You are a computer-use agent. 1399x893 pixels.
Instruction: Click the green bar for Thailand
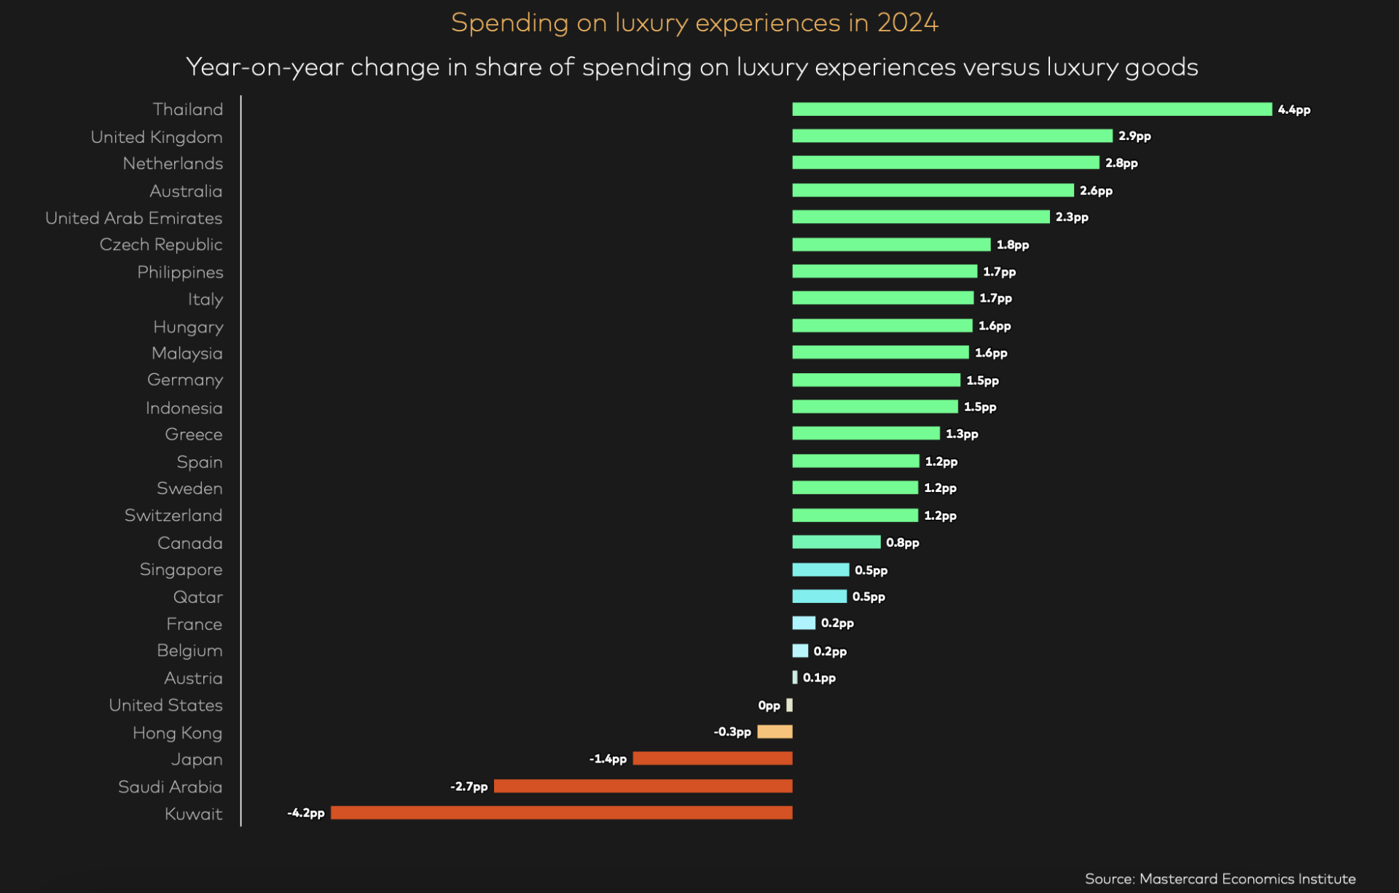click(x=1032, y=109)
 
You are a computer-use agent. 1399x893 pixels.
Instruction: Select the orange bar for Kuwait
click(x=561, y=813)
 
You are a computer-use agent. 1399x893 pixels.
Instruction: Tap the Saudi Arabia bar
click(x=643, y=786)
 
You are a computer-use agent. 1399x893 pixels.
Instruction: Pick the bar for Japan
click(x=712, y=759)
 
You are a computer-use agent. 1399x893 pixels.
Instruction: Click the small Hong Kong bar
click(x=775, y=732)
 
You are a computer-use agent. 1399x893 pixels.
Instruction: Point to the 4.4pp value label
click(x=1294, y=110)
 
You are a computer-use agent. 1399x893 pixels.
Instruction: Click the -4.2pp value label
click(x=306, y=813)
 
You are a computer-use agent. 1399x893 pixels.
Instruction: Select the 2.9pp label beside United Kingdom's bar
click(x=1135, y=136)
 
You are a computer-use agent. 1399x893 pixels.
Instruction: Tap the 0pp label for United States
click(x=769, y=706)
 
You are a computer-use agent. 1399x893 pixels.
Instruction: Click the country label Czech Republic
click(x=161, y=245)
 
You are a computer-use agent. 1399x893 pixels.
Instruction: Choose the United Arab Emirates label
click(x=133, y=218)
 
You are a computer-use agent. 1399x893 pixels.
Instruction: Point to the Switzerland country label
click(x=173, y=515)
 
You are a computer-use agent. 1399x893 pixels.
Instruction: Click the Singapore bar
click(x=820, y=569)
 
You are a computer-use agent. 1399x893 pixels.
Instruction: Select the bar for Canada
click(x=836, y=542)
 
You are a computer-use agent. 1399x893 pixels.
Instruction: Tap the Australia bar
click(x=933, y=190)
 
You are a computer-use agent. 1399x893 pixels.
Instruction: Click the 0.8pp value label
click(x=903, y=543)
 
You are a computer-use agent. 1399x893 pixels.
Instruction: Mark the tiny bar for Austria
click(x=795, y=677)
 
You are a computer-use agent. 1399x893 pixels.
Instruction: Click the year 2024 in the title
click(x=907, y=23)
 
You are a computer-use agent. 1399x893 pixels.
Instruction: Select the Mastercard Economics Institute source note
click(x=1220, y=878)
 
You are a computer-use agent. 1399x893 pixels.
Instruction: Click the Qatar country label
click(x=198, y=597)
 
